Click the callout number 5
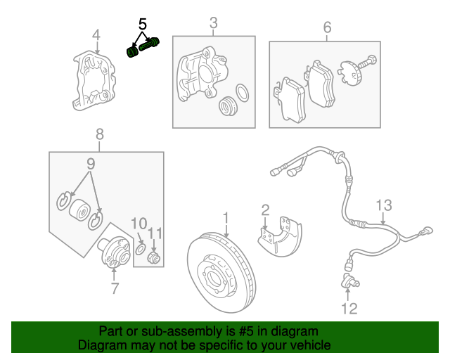(x=143, y=24)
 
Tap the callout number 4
(x=96, y=34)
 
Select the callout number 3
(x=214, y=25)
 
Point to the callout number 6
(x=327, y=27)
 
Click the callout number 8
(x=99, y=134)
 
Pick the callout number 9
(x=90, y=164)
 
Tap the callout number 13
(x=382, y=205)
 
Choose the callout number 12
(x=349, y=308)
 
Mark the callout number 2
(x=265, y=209)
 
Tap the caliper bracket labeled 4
(x=94, y=82)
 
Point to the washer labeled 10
(x=140, y=249)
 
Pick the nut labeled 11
(x=155, y=257)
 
